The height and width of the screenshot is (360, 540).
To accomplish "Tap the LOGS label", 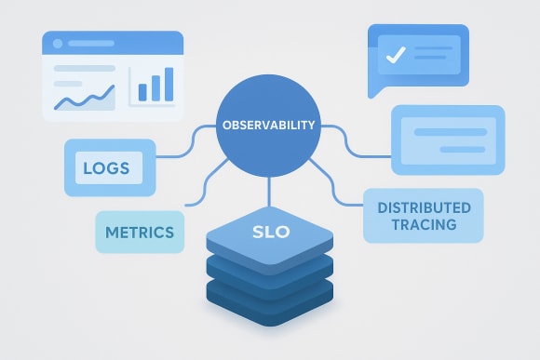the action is point(105,169).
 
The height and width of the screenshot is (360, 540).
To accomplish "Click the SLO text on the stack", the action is point(271,232).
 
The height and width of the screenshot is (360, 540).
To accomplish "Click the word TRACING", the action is point(424,224).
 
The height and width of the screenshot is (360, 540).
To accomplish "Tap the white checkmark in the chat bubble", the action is point(396,55).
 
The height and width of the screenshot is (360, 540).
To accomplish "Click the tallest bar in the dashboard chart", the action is point(169,83).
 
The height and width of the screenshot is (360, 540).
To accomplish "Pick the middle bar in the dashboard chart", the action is point(155,87).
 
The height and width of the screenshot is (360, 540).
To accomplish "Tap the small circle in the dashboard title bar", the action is point(58,44).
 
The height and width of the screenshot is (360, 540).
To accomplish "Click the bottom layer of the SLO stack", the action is point(270,312).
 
